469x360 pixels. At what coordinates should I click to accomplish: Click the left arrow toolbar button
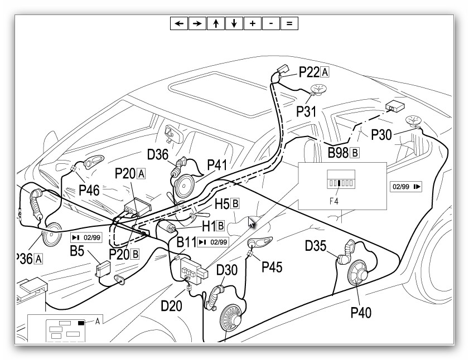tap(179, 23)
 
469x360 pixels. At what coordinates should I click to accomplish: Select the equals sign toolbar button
tap(289, 23)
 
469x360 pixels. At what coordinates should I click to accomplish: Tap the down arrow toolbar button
tap(234, 23)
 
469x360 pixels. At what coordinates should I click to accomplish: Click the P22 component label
tap(308, 72)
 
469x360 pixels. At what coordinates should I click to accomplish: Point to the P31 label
tap(306, 111)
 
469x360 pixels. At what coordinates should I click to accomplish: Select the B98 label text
tap(338, 152)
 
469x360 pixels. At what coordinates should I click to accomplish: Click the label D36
tap(158, 154)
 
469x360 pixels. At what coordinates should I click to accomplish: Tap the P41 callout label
tap(217, 166)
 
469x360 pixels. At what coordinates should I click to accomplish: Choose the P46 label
tap(89, 190)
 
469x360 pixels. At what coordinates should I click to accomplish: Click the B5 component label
tap(77, 251)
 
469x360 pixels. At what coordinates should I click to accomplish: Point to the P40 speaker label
tap(361, 312)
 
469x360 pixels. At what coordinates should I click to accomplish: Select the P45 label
tap(272, 267)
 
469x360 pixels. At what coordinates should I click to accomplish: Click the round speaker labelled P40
tap(358, 273)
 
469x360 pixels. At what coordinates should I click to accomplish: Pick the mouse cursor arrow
tap(252, 222)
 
